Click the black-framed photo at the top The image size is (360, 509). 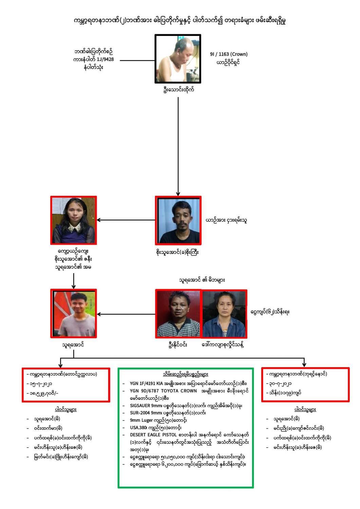(x=178, y=59)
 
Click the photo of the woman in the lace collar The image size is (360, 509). (x=74, y=220)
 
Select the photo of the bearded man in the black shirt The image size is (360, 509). (x=178, y=220)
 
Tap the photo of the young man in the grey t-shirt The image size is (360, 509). (x=74, y=314)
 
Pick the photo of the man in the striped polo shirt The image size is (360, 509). (x=178, y=314)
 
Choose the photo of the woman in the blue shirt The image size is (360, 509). (x=224, y=314)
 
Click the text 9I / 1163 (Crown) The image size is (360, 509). (x=229, y=54)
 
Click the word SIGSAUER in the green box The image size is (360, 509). (x=140, y=406)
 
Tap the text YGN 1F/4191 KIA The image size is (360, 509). (x=146, y=383)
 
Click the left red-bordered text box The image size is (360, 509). (x=66, y=384)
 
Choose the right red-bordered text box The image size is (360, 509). (x=305, y=384)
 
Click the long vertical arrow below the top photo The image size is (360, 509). (x=178, y=146)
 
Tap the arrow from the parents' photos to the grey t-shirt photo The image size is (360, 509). (x=126, y=314)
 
